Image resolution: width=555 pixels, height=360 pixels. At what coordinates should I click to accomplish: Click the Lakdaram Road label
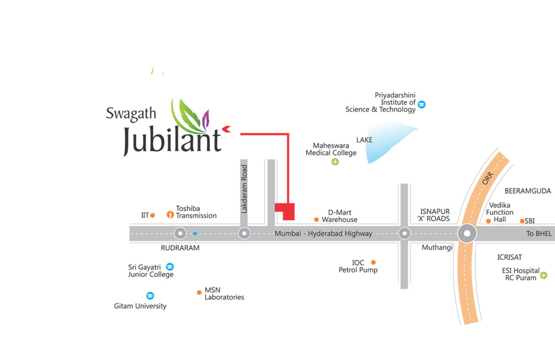(244, 189)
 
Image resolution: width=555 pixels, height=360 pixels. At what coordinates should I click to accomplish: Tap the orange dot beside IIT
(153, 215)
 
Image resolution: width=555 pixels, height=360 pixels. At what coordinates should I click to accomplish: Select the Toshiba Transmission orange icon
(170, 215)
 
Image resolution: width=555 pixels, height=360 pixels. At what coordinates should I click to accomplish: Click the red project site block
(286, 211)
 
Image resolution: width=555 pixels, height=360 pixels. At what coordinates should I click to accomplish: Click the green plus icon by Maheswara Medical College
(335, 162)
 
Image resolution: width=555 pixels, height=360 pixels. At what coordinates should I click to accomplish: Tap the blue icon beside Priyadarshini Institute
(422, 104)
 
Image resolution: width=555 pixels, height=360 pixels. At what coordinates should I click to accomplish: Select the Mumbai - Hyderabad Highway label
(323, 234)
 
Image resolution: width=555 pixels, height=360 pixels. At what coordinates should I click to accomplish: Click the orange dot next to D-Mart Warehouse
(316, 219)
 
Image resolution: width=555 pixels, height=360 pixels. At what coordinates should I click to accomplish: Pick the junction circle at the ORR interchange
(467, 234)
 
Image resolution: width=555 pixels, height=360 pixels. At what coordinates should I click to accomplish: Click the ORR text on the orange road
(488, 178)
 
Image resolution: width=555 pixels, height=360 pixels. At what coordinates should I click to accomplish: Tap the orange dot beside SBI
(522, 221)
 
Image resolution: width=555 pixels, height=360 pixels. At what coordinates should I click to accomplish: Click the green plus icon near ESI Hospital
(543, 275)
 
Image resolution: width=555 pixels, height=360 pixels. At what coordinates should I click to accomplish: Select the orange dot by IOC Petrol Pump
(373, 262)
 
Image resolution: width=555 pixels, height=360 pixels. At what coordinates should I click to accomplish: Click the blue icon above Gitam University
(150, 295)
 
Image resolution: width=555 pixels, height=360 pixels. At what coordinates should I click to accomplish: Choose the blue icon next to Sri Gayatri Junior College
(170, 266)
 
